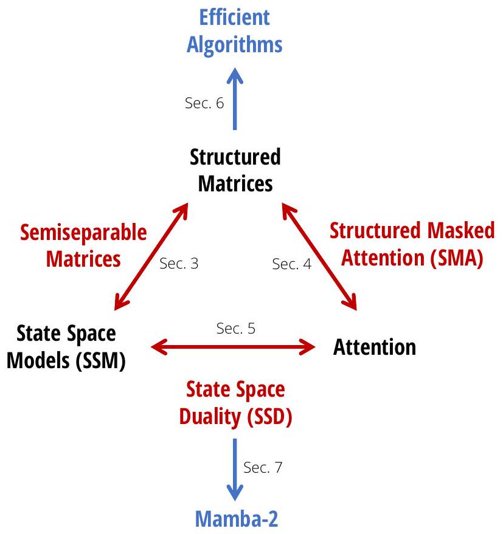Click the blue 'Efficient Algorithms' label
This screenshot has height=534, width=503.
(235, 30)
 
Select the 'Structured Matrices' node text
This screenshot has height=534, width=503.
(235, 169)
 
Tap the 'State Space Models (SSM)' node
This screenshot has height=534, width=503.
(67, 347)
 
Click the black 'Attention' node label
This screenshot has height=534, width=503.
(375, 347)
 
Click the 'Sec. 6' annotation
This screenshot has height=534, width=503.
(204, 103)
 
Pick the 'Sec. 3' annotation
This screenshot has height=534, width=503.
(178, 264)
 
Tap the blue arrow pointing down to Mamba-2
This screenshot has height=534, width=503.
(235, 468)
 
